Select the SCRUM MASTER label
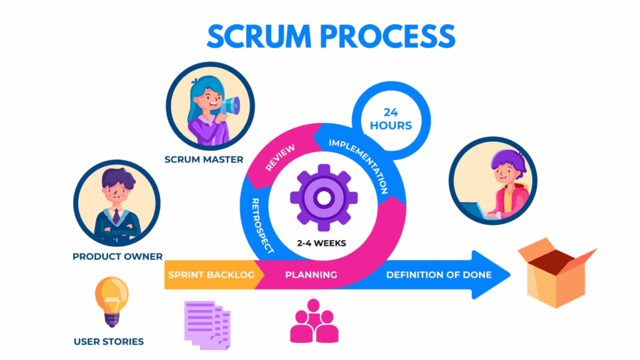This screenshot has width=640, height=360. (x=204, y=159)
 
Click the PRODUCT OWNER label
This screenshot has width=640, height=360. (x=117, y=256)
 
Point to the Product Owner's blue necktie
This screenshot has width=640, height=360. (x=116, y=216)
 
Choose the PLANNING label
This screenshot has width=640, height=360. (x=311, y=275)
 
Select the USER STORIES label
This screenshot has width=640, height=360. (x=108, y=341)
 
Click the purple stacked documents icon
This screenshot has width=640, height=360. (x=206, y=323)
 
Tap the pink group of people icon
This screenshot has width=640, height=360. (x=314, y=321)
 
